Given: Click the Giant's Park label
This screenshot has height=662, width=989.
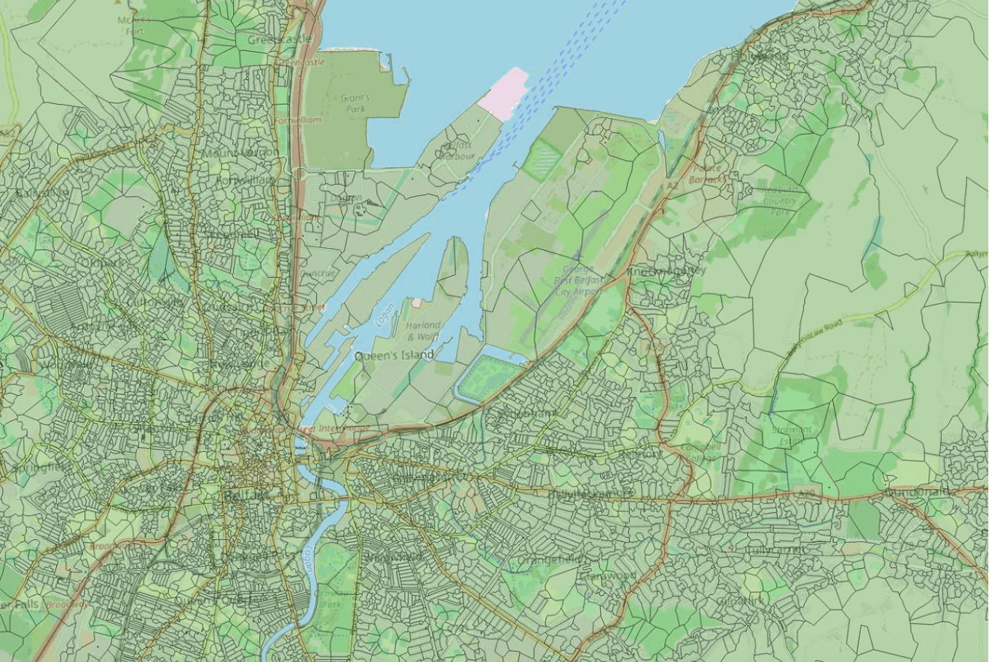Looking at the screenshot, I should click(x=355, y=103).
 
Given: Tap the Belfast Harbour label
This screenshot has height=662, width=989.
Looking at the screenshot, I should click(x=457, y=151).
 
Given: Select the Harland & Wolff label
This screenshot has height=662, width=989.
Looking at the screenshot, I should click(x=423, y=330).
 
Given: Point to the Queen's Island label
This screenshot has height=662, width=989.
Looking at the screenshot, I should click(x=394, y=355).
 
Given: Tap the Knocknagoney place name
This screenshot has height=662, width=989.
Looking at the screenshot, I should click(x=666, y=271).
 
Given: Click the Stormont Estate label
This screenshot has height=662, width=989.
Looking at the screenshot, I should click(x=791, y=434).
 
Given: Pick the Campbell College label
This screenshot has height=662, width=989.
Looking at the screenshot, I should click(x=701, y=452).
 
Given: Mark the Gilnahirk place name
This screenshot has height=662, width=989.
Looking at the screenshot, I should click(x=741, y=601).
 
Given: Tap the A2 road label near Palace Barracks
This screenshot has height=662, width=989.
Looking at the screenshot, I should click(x=672, y=186).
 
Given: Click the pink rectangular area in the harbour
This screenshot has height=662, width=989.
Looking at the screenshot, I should click(x=503, y=93).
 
